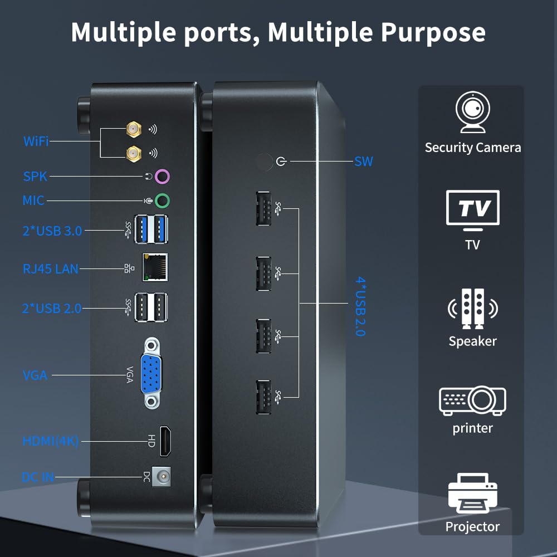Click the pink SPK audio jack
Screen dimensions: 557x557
point(162,177)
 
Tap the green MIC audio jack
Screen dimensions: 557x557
point(162,201)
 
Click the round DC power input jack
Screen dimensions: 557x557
point(162,477)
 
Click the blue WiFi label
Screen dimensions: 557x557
point(36,141)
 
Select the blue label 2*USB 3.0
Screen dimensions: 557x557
point(52,230)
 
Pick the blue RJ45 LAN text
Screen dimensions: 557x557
point(51,269)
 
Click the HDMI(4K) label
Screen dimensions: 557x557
point(51,441)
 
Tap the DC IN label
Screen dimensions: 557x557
point(37,477)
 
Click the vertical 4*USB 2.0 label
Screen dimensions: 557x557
point(360,307)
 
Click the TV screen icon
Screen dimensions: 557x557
point(473,209)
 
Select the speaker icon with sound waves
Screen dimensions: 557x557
point(472,308)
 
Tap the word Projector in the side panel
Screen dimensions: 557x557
point(472,526)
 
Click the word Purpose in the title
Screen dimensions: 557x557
point(433,32)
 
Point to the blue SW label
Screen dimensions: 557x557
point(364,162)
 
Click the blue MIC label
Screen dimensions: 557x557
point(33,201)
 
